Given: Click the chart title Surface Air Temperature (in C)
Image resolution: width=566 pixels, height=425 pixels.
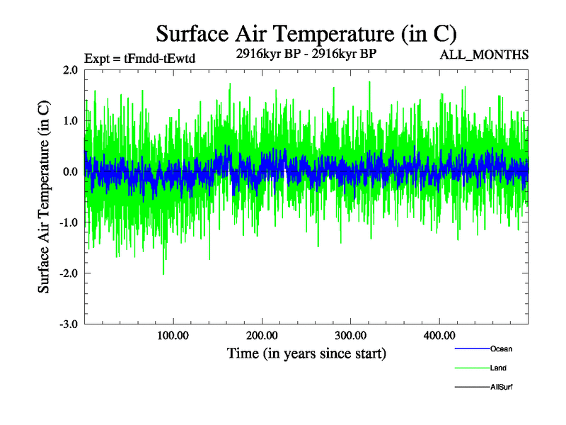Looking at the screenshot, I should pyautogui.click(x=306, y=33).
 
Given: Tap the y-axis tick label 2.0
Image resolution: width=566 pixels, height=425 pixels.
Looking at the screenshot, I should pyautogui.click(x=70, y=70).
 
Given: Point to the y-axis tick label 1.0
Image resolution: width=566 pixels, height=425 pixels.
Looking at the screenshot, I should pyautogui.click(x=70, y=121).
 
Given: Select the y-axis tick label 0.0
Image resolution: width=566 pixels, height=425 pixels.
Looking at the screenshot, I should pyautogui.click(x=70, y=172).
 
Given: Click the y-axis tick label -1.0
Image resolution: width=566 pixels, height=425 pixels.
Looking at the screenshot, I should pyautogui.click(x=69, y=223).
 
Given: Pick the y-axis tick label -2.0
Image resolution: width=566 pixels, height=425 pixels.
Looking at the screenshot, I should pyautogui.click(x=69, y=273).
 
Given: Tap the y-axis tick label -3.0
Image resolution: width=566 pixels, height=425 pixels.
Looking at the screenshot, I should pyautogui.click(x=69, y=324).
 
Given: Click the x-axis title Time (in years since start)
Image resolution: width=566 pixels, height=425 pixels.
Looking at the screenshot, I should pyautogui.click(x=306, y=353).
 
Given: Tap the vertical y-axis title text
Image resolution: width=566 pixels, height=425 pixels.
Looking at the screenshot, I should pyautogui.click(x=44, y=197).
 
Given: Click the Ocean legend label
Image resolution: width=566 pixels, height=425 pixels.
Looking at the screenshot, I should pyautogui.click(x=501, y=348).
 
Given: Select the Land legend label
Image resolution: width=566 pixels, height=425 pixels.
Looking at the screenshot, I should pyautogui.click(x=498, y=368).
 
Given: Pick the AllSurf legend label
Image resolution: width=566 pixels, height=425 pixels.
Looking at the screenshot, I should pyautogui.click(x=501, y=387).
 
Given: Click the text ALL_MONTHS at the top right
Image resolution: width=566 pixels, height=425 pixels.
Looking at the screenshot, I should pyautogui.click(x=484, y=55).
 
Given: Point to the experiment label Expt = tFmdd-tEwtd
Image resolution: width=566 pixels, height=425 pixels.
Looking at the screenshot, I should pyautogui.click(x=139, y=59).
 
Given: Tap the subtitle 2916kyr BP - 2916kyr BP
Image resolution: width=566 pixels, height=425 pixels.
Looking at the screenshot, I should pyautogui.click(x=306, y=54).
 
